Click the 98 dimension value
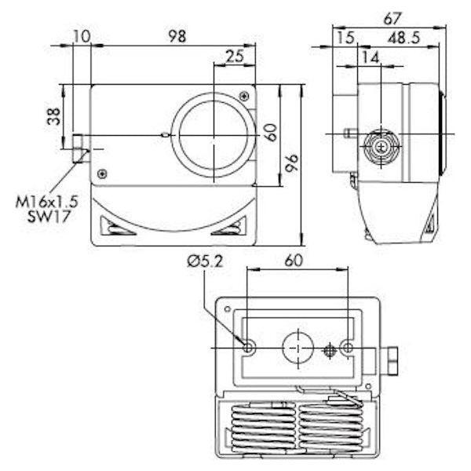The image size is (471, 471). (177, 36)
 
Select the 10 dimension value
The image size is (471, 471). (82, 36)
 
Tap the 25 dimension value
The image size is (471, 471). (235, 56)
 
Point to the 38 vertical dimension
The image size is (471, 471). (54, 116)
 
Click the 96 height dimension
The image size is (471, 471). (292, 162)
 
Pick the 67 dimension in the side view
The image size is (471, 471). (392, 19)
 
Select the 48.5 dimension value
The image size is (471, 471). (403, 38)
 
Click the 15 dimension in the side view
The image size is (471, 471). (345, 38)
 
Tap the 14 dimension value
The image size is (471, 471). (371, 57)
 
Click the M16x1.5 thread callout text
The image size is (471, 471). (47, 202)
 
